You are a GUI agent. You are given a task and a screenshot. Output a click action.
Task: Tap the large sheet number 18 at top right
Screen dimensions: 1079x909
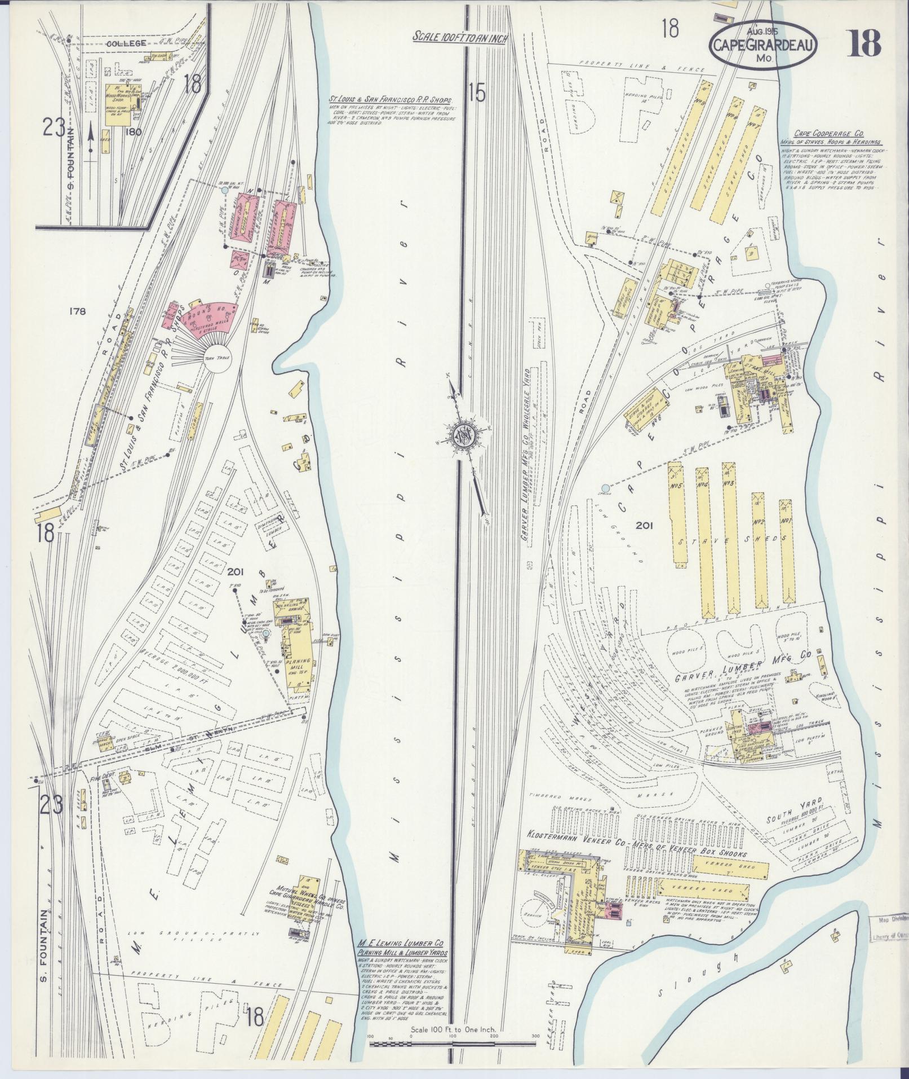click(864, 43)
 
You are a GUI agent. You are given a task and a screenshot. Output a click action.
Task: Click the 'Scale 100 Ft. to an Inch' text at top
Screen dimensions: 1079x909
click(460, 37)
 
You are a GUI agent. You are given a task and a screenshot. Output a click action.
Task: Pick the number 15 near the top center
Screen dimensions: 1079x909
click(476, 94)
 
